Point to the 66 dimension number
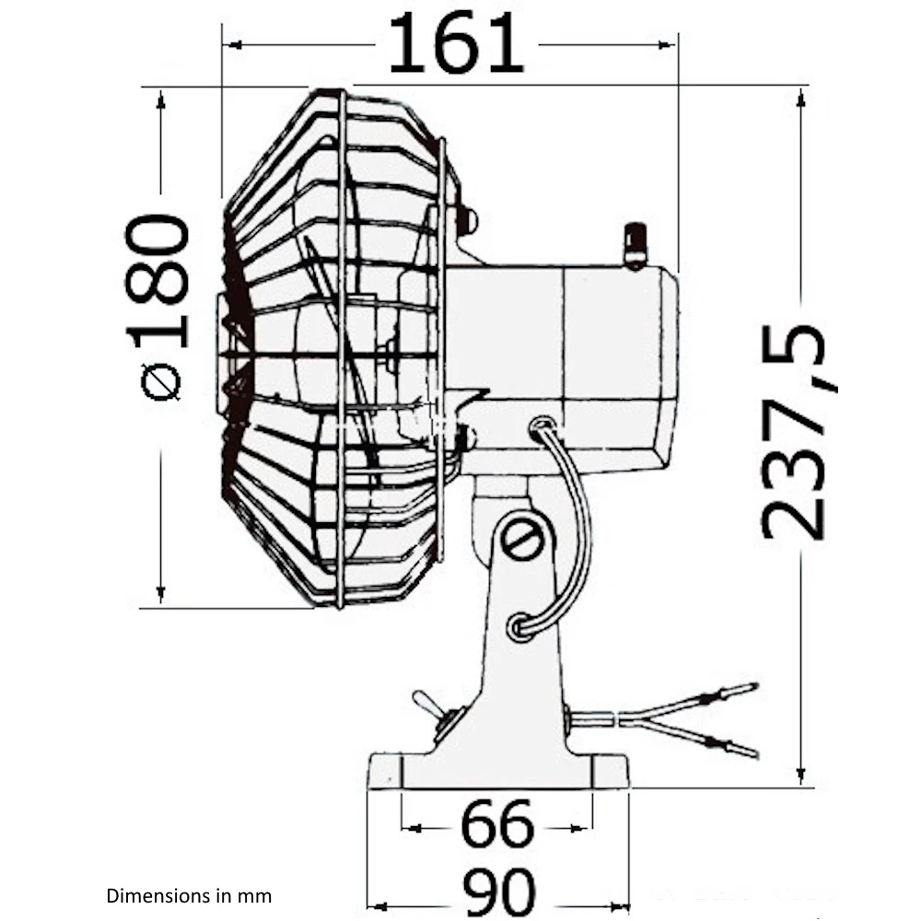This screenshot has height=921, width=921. pyautogui.click(x=497, y=824)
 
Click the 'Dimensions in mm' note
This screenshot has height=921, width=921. pyautogui.click(x=190, y=894)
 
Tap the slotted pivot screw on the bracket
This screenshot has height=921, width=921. pyautogui.click(x=526, y=541)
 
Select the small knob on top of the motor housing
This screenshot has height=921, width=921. pyautogui.click(x=635, y=244)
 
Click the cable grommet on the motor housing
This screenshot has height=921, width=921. pyautogui.click(x=542, y=426)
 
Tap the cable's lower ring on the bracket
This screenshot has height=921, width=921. pyautogui.click(x=521, y=626)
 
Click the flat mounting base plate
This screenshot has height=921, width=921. pyautogui.click(x=497, y=771)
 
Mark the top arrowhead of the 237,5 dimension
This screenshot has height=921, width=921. pyautogui.click(x=800, y=99)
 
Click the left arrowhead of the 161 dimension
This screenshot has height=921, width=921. pyautogui.click(x=232, y=44)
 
